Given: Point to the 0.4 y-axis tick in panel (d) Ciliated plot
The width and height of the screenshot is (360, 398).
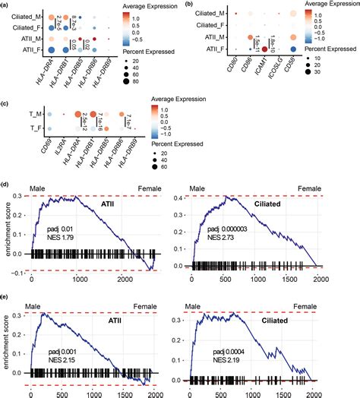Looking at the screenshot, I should pyautogui.click(x=186, y=197).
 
